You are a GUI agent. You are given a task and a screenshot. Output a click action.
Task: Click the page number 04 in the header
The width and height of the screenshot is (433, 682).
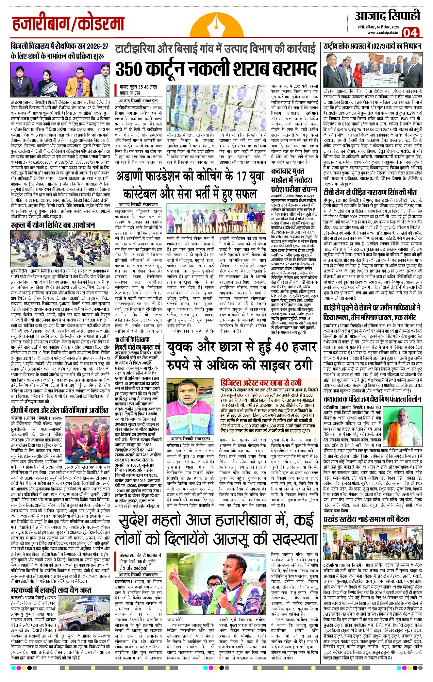pos(410,33)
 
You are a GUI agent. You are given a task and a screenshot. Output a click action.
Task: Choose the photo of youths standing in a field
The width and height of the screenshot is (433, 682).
pos(216,219)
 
